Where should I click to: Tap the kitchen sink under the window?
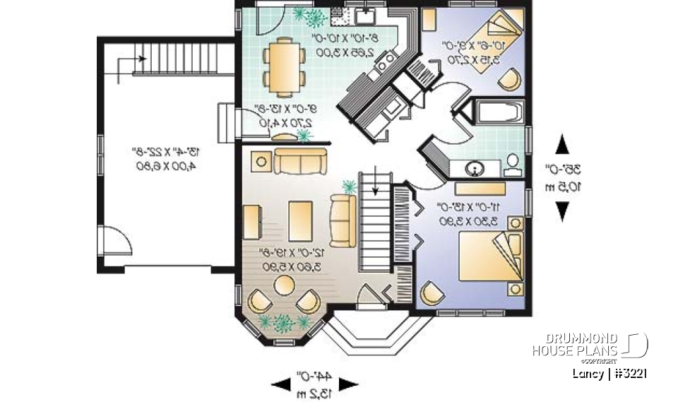pyautogui.click(x=365, y=16)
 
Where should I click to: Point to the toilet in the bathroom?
pyautogui.click(x=511, y=164)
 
